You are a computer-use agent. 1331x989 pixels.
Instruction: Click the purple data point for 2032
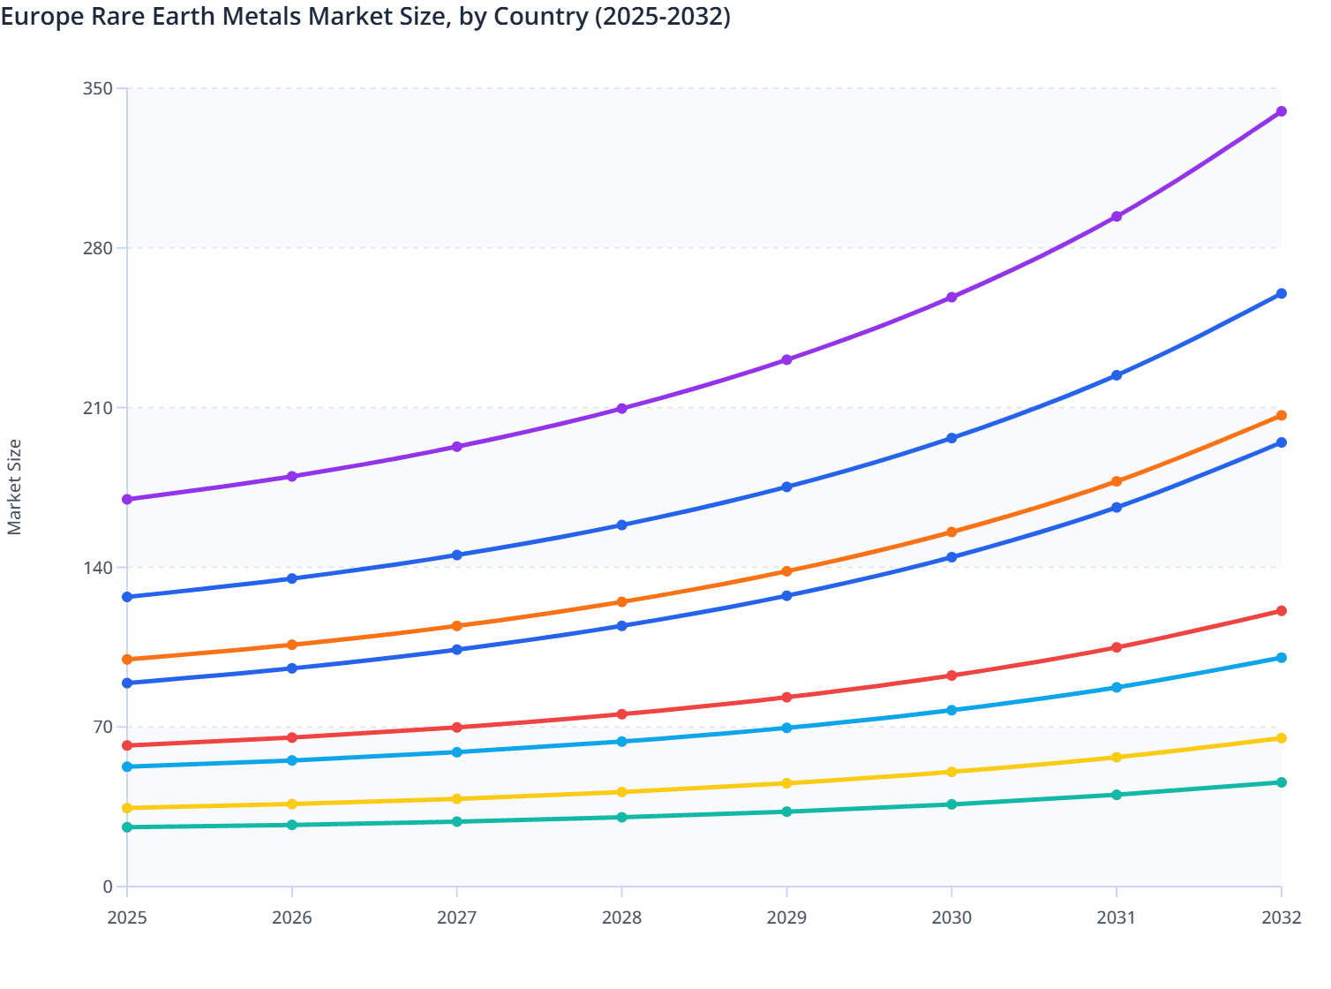(x=1281, y=111)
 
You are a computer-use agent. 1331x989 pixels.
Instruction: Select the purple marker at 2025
(x=127, y=500)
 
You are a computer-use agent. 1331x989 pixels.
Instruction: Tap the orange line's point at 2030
(x=951, y=532)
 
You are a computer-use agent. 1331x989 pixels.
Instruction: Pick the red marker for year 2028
(x=621, y=714)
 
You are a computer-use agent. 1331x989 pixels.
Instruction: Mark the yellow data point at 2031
(x=1117, y=758)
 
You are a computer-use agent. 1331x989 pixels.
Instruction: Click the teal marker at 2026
(x=292, y=825)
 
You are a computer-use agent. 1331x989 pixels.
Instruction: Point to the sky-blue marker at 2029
(x=786, y=729)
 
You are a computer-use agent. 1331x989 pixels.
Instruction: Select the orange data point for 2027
(x=457, y=626)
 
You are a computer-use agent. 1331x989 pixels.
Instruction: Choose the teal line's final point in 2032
(x=1281, y=782)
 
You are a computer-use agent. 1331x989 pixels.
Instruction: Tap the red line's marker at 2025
(x=127, y=746)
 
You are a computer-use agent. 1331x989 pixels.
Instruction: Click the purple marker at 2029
(x=786, y=360)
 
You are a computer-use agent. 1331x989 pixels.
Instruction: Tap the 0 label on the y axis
(x=108, y=887)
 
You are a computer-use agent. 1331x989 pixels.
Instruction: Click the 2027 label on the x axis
(x=457, y=917)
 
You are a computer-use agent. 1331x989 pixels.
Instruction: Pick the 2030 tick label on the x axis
(x=951, y=917)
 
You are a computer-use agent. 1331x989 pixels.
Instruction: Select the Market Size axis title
(x=15, y=487)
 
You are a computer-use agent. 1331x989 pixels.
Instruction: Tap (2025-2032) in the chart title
(x=662, y=17)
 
